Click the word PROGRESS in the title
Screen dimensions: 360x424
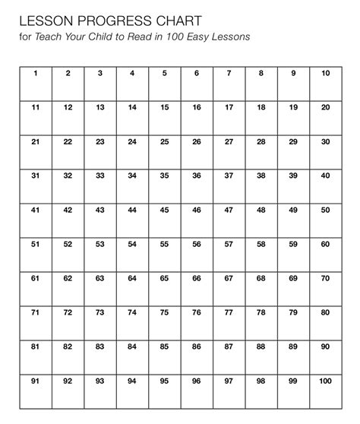point(106,18)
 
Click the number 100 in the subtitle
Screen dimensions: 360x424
point(190,36)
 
